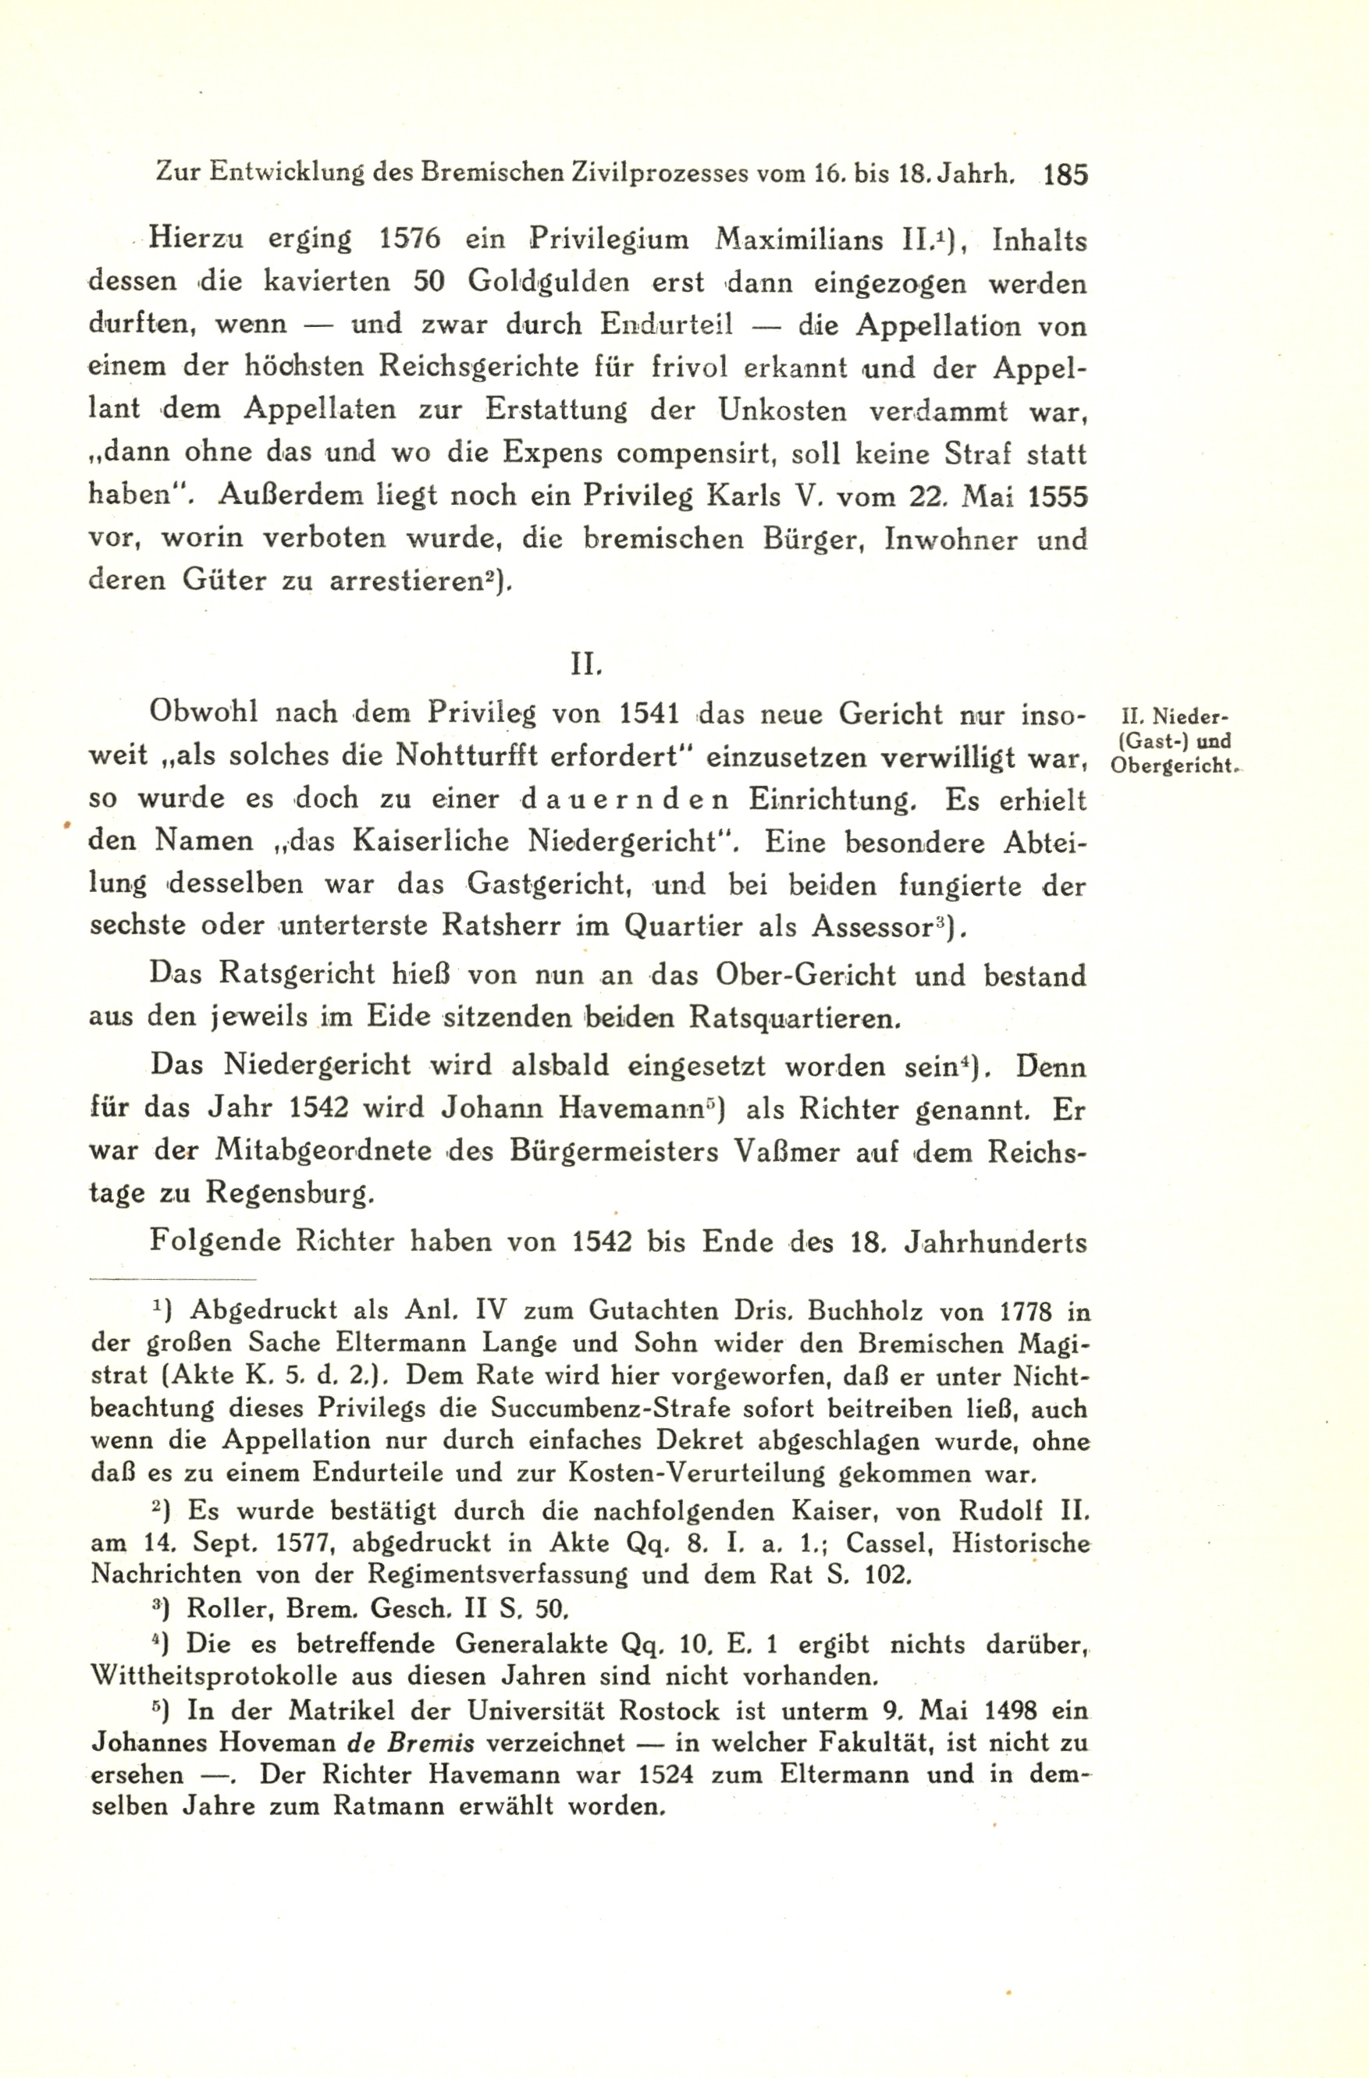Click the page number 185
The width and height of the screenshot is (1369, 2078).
click(x=1065, y=175)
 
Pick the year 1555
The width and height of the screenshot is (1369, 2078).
click(x=1058, y=497)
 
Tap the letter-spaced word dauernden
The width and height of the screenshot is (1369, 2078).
click(x=624, y=799)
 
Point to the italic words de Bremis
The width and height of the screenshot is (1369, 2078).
click(x=411, y=1742)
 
